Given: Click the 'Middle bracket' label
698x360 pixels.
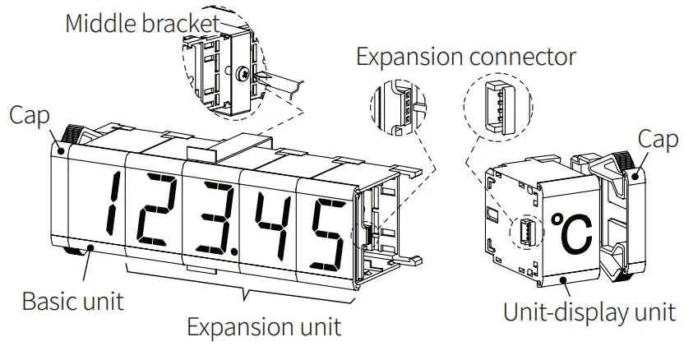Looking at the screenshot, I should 142,23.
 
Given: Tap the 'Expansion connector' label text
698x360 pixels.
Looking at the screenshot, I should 465,57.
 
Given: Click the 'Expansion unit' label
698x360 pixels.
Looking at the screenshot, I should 263,326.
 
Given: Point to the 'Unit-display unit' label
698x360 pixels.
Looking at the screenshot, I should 589,312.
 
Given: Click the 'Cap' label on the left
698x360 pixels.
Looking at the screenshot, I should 30,114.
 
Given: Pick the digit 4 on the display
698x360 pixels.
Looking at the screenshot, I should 269,224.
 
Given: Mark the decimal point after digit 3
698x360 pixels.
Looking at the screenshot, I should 235,248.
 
